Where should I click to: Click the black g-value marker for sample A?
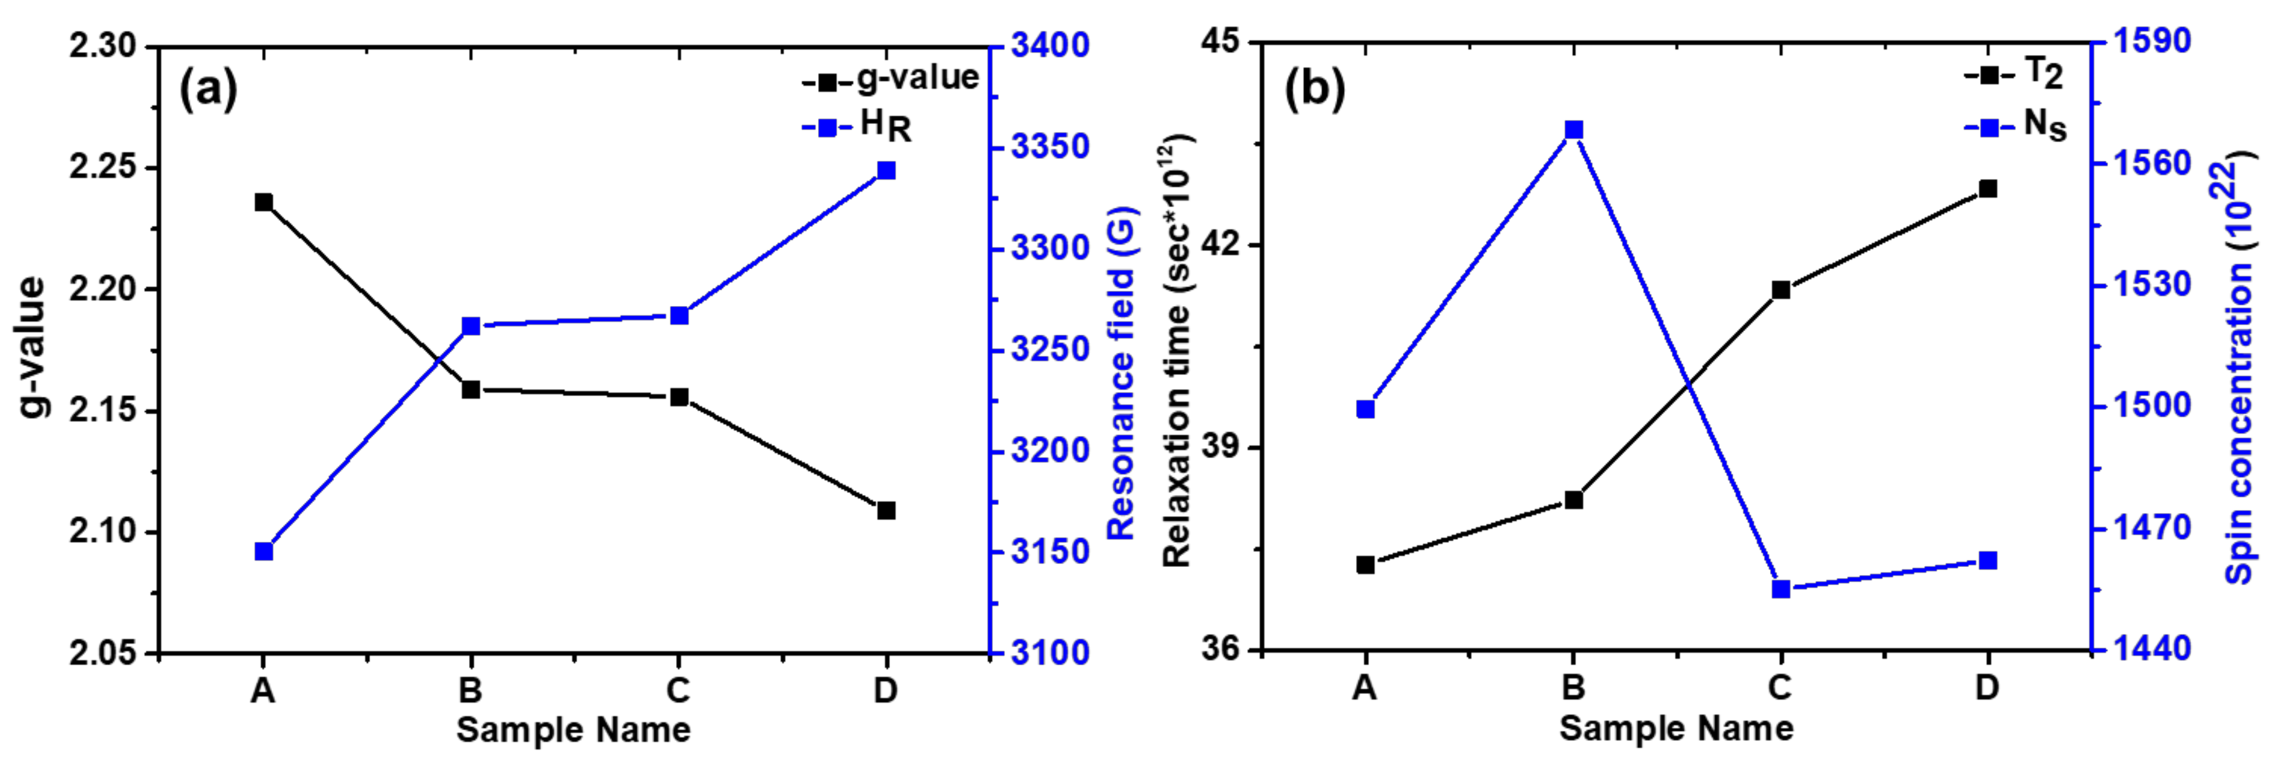263,202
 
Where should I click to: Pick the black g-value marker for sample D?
885,510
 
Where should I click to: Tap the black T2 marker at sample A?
1365,565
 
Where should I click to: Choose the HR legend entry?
858,127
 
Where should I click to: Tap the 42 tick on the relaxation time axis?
1222,245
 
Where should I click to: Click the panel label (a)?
208,89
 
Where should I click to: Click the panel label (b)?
1314,89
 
